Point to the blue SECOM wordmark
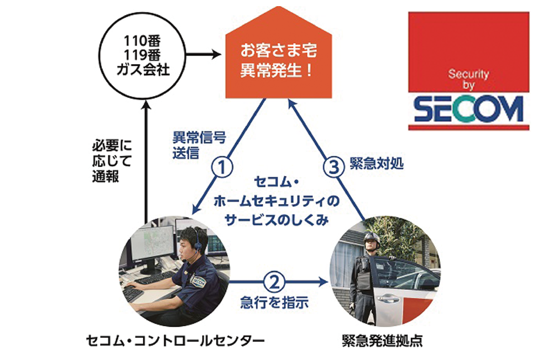tap(468, 109)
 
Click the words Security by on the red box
tap(469, 79)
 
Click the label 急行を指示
tap(274, 302)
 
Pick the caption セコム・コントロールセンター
tap(176, 339)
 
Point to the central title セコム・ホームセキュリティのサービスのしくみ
tap(277, 200)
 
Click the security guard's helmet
tap(372, 238)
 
